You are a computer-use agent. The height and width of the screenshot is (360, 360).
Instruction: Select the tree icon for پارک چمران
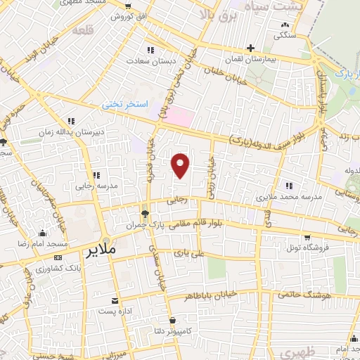click(145, 213)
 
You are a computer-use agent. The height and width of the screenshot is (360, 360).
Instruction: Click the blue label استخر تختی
click(126, 104)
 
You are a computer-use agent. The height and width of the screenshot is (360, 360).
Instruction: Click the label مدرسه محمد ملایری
click(293, 198)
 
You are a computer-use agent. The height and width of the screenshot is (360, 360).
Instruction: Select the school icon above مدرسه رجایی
click(96, 176)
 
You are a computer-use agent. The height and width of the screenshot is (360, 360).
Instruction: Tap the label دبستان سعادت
click(150, 60)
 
